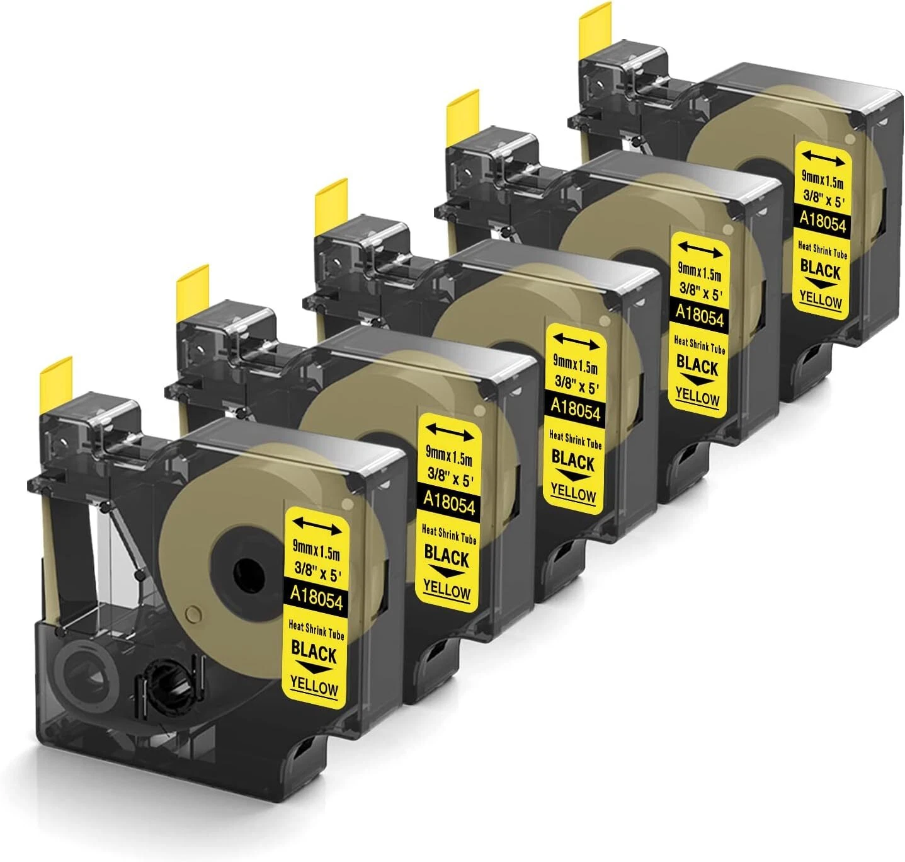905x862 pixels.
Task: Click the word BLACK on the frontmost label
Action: [x=314, y=651]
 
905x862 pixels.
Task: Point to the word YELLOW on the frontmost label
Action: [x=314, y=686]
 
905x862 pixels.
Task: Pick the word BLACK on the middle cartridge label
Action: [x=573, y=461]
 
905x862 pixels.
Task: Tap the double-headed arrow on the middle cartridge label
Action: [x=576, y=342]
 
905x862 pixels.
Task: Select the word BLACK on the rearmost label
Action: [x=821, y=270]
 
